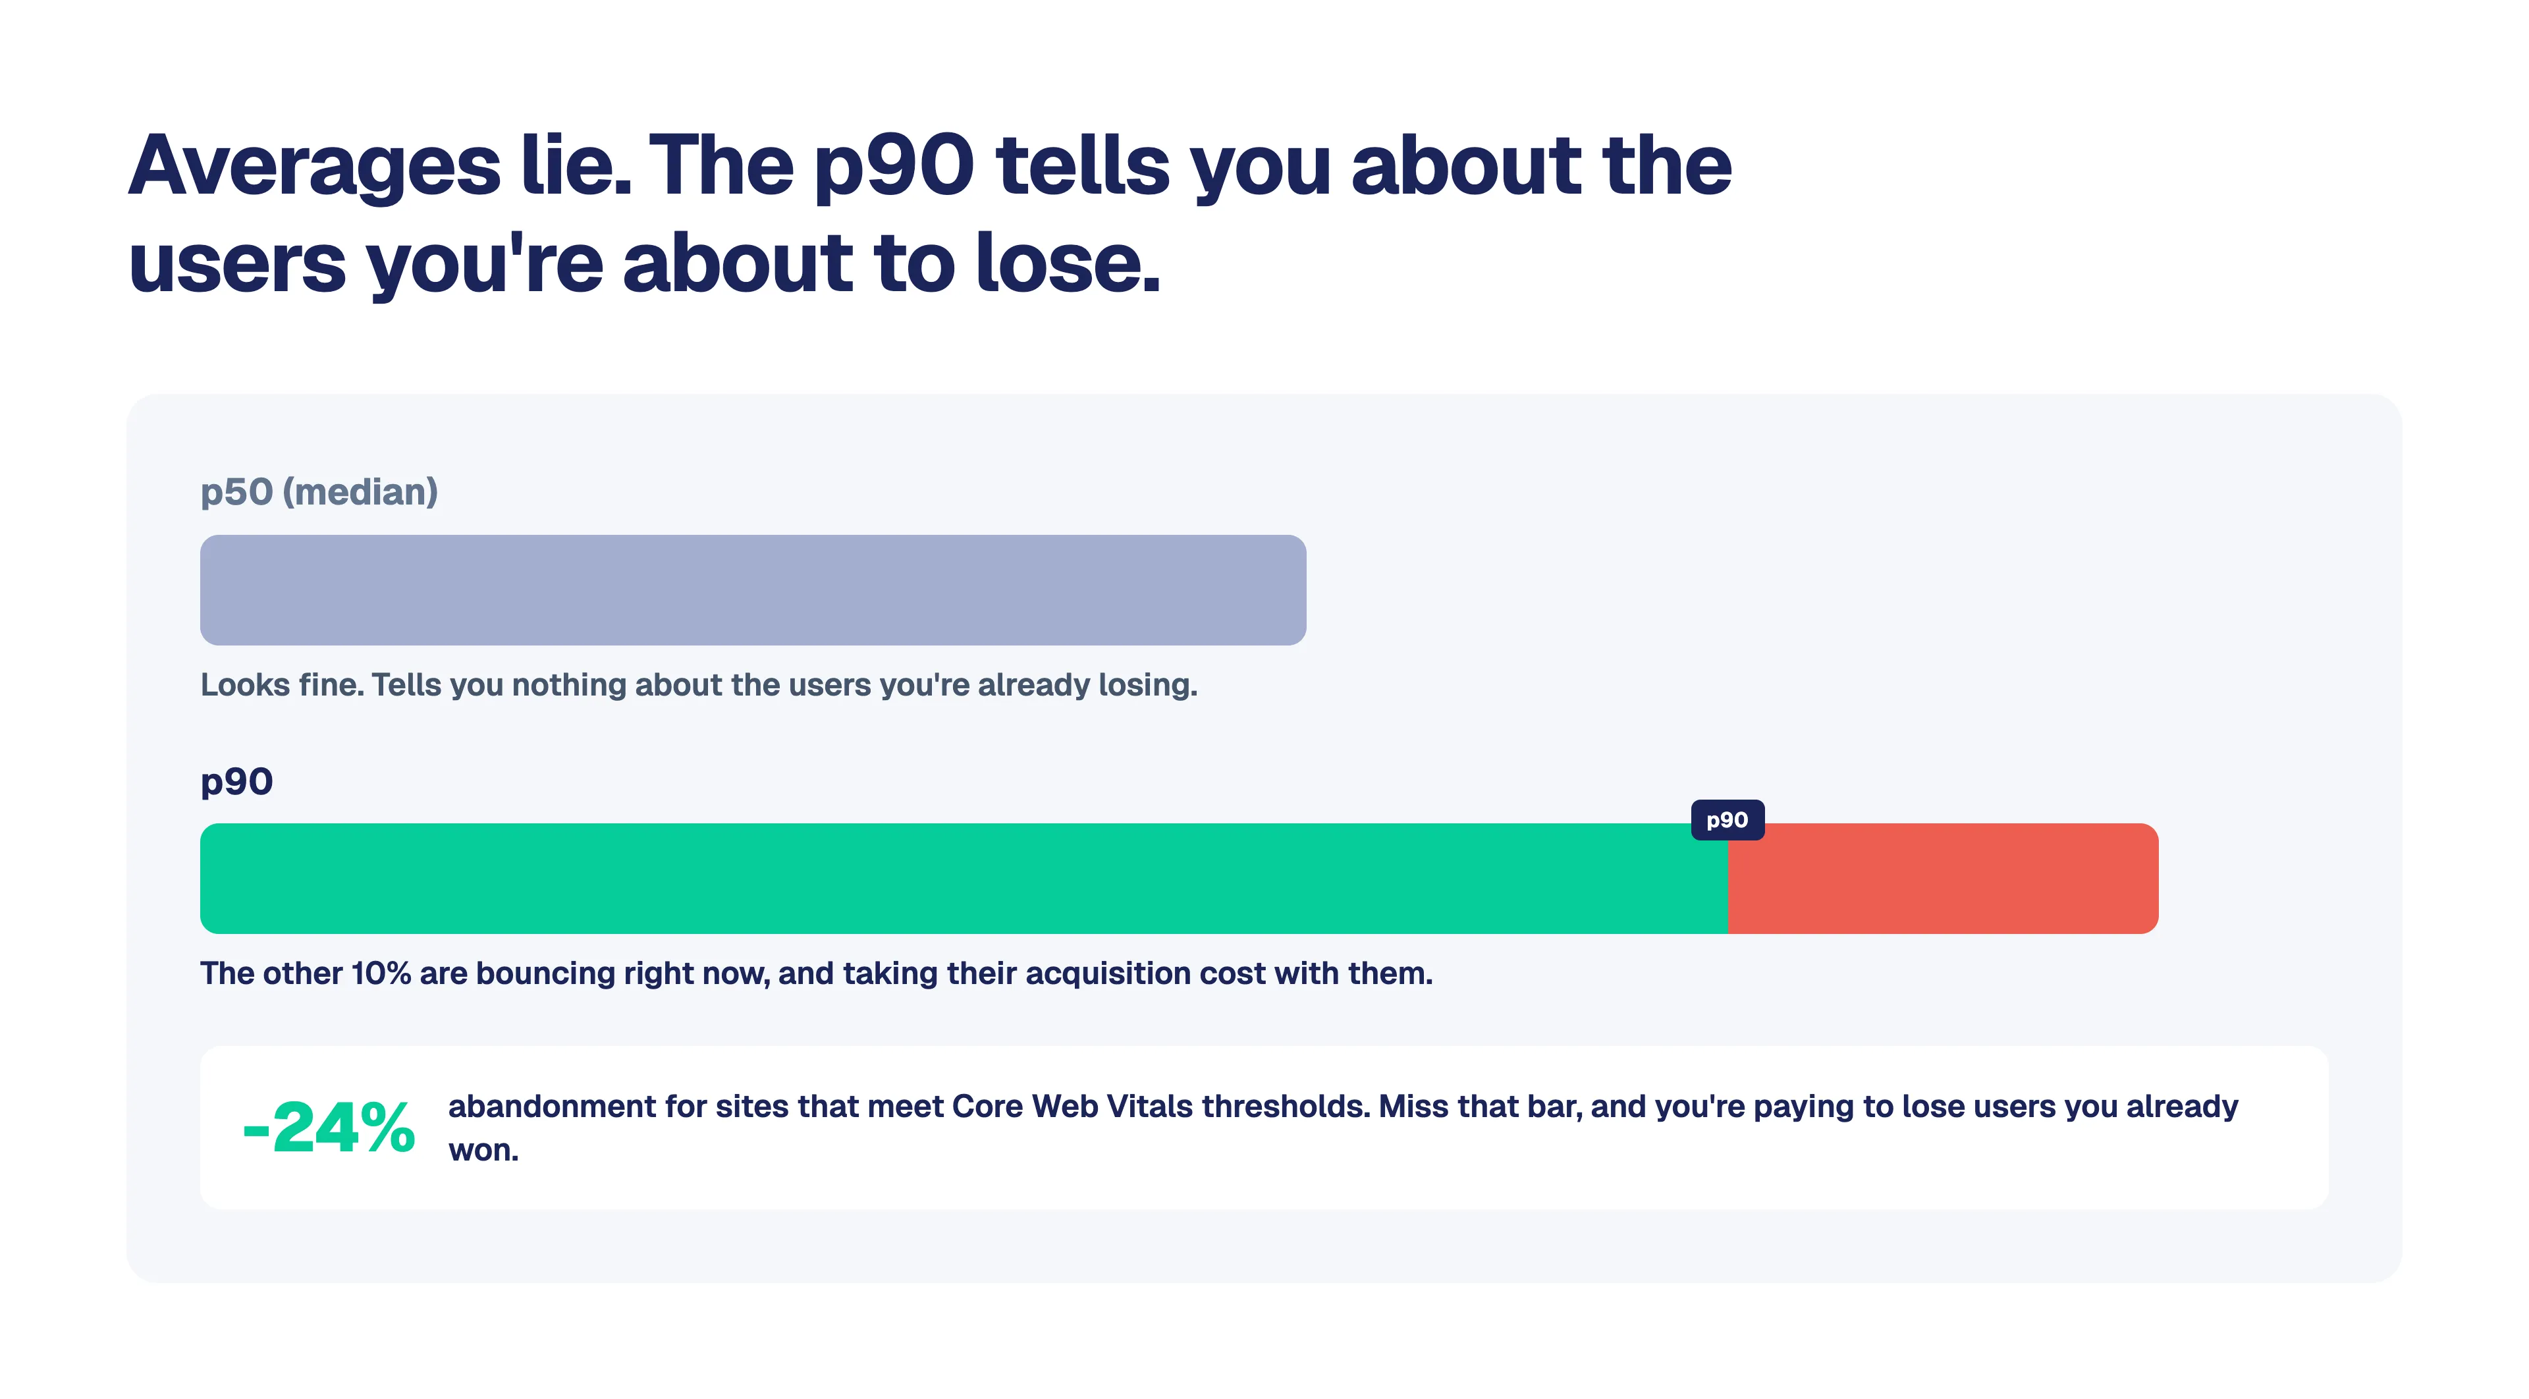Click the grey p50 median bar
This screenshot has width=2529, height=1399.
753,590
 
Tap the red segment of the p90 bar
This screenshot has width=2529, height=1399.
1943,879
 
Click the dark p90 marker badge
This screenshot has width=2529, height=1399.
1728,820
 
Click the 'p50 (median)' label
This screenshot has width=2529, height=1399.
319,492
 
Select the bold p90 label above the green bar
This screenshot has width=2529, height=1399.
236,782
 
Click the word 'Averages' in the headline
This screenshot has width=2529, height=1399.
314,167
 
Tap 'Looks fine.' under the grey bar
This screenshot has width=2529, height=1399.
282,684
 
